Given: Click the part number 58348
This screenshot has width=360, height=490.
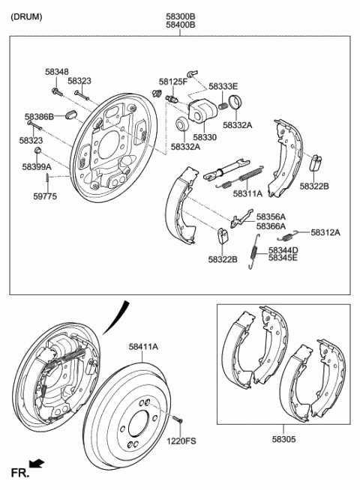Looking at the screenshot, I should coord(55,71).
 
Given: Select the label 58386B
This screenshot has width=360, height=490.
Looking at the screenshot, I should coord(39,117).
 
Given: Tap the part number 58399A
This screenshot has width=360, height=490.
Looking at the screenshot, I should coord(37,166).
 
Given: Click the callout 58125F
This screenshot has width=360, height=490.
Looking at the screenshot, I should coord(173,81).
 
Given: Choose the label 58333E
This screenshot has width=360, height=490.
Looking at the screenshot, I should coord(223,87).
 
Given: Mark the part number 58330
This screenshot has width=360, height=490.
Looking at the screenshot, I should coord(205,138).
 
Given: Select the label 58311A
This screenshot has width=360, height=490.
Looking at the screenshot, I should coord(247,193).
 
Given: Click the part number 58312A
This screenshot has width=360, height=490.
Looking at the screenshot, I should coord(325,232).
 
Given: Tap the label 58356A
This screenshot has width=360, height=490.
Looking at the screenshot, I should coord(271,217).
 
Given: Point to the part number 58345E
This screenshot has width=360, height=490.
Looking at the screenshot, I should coord(283,258).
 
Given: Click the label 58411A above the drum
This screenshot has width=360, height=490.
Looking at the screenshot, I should coord(143,346).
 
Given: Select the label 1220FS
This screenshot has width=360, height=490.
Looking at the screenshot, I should coord(181,441).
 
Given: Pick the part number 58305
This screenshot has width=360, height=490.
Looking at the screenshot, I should coord(285,444).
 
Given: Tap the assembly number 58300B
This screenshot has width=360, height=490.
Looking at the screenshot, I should coord(180,15).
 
